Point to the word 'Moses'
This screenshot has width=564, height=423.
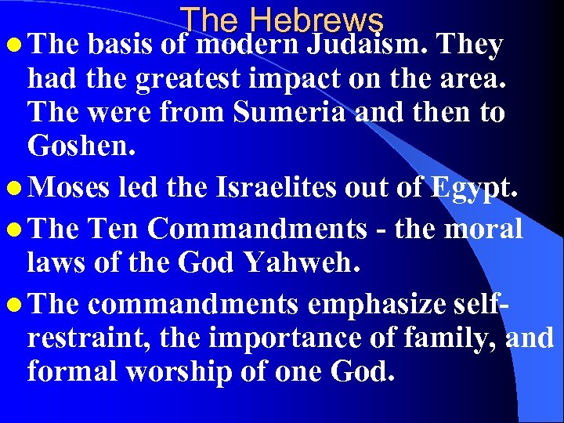click(74, 189)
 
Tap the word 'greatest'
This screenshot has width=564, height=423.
click(175, 79)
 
